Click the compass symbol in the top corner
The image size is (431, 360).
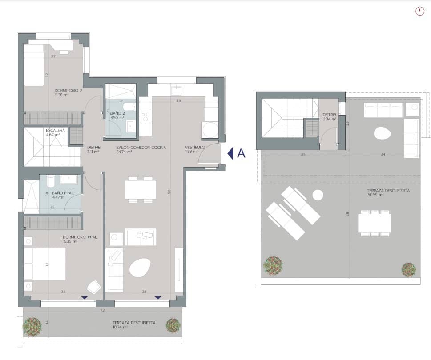point(419,12)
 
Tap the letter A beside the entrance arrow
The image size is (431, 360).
point(242,153)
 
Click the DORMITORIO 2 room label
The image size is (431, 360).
point(68,90)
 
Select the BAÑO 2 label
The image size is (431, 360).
point(117,114)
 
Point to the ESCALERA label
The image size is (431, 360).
point(55,130)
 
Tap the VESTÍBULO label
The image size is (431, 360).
point(195,147)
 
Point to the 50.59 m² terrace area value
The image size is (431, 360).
point(375,194)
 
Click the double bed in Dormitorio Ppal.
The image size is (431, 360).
point(44,264)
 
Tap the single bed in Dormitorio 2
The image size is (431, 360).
point(34,65)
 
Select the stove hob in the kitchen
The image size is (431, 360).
point(145,116)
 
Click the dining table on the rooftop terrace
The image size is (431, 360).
point(375,223)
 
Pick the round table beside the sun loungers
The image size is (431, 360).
point(318,195)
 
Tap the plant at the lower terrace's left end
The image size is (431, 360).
point(32,327)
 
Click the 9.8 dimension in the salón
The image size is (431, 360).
point(169,191)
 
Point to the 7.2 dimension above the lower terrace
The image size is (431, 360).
point(102,310)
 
